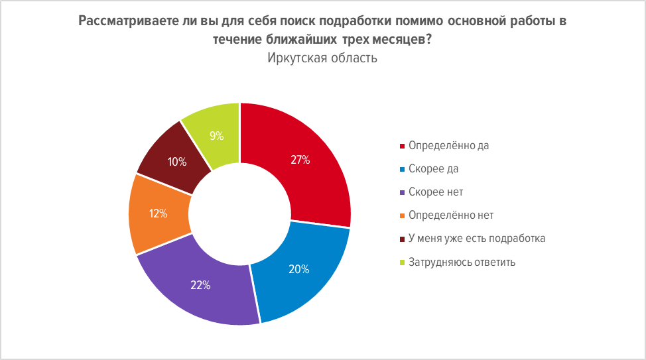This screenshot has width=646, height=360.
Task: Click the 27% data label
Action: point(300,160)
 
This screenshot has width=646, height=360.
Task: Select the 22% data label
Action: point(201,285)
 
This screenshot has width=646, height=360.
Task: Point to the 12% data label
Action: point(159,213)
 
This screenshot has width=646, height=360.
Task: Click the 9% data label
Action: point(217,136)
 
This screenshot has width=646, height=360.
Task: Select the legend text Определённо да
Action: point(448,145)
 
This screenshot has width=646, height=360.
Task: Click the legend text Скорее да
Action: point(434,168)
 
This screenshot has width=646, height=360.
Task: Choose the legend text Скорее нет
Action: point(436,192)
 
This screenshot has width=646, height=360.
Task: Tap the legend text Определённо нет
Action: point(451,215)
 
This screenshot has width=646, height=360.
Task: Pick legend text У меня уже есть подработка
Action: point(477,238)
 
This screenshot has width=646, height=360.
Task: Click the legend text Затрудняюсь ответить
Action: point(462,261)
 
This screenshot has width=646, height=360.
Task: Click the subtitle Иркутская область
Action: point(322,58)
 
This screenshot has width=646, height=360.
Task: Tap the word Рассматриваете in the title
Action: point(120,21)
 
